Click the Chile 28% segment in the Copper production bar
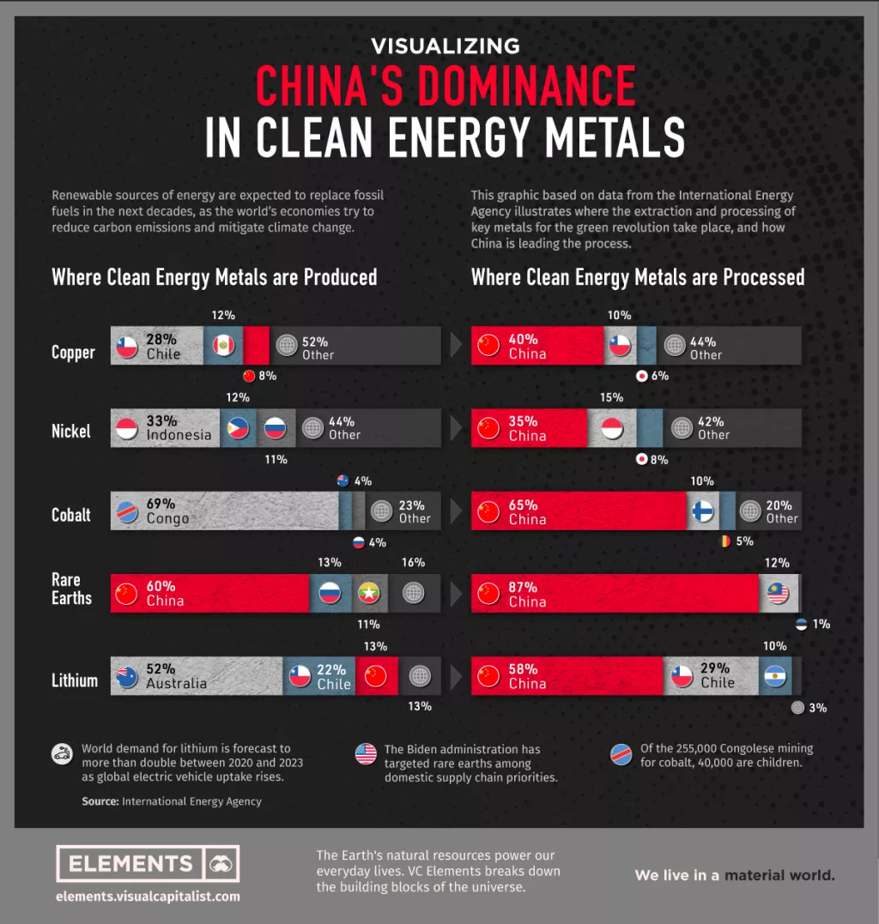pyautogui.click(x=159, y=346)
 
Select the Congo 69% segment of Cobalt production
pyautogui.click(x=225, y=511)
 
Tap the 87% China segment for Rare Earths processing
pyautogui.click(x=614, y=594)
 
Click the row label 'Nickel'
pyautogui.click(x=71, y=431)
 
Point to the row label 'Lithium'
pyautogui.click(x=75, y=680)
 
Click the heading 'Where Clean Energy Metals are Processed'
pyautogui.click(x=638, y=277)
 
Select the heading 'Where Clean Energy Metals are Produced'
pyautogui.click(x=215, y=277)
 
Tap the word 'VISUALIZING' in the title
pyautogui.click(x=446, y=45)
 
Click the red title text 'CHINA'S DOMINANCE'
pyautogui.click(x=446, y=85)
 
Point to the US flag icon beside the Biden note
pyautogui.click(x=366, y=754)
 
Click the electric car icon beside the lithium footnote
pyautogui.click(x=62, y=754)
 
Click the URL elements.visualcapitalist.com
pyautogui.click(x=148, y=897)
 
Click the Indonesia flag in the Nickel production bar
pyautogui.click(x=127, y=428)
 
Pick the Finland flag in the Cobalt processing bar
pyautogui.click(x=702, y=511)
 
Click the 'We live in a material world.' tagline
pyautogui.click(x=735, y=875)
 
